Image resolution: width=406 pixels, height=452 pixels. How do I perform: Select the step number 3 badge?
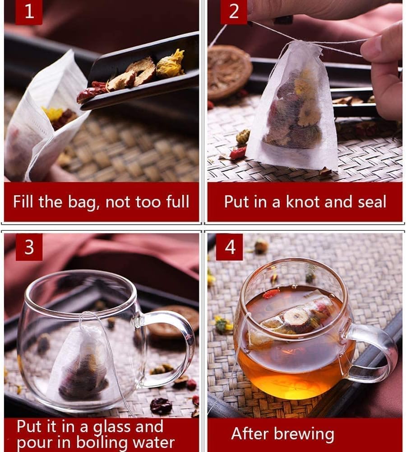click(x=29, y=247)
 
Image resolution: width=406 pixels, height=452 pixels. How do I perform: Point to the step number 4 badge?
click(x=230, y=247)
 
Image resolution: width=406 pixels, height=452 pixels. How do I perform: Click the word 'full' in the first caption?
click(x=175, y=202)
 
